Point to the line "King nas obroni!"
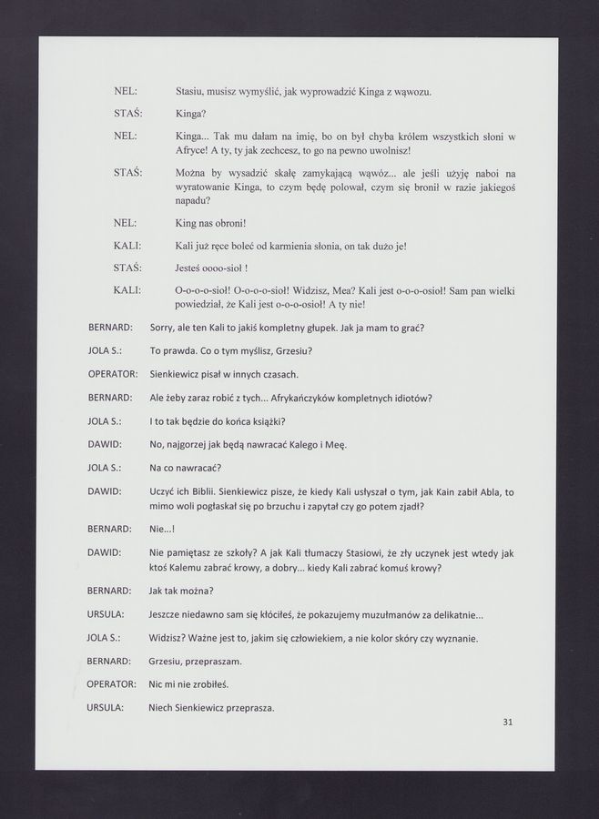click(x=210, y=223)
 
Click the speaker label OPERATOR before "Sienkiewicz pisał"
click(x=112, y=374)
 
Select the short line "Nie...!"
click(x=161, y=529)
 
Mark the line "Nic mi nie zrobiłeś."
click(x=189, y=684)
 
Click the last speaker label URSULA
click(x=106, y=708)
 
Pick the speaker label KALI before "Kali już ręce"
click(x=126, y=246)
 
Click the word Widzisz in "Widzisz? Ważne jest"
click(x=168, y=638)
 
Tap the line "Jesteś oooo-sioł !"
click(x=211, y=268)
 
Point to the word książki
click(x=265, y=420)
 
